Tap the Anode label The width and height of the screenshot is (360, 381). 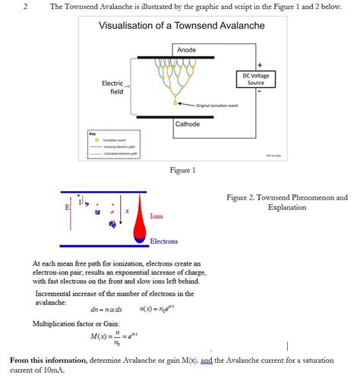coord(186,50)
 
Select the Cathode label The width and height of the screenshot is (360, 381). coord(188,124)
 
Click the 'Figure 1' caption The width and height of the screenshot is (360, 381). coord(182,170)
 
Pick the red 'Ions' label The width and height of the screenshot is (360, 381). coord(156,216)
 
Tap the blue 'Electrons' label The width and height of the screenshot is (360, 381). coord(163,241)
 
